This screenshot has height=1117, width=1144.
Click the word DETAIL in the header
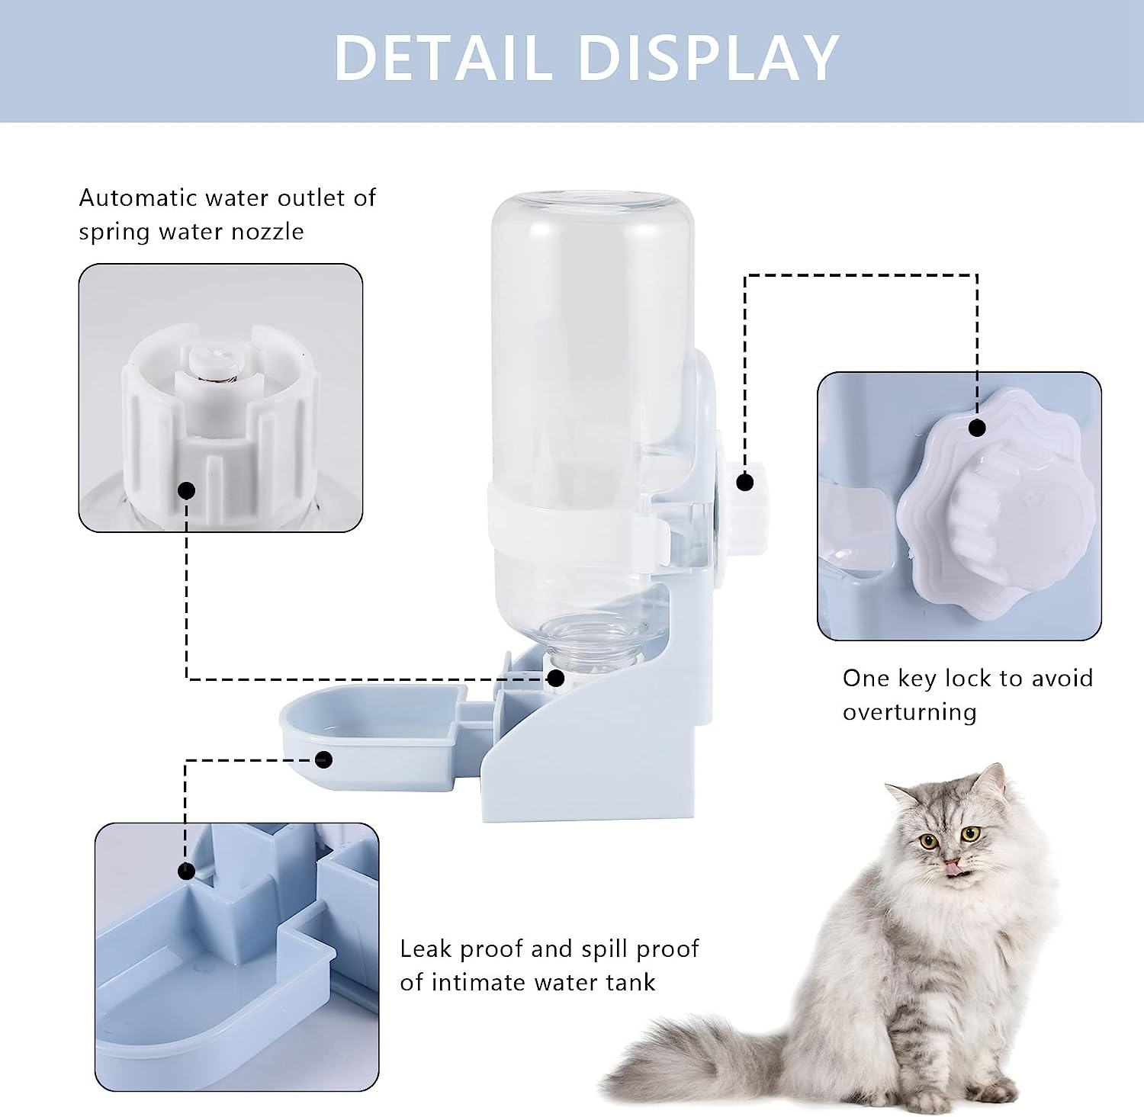[442, 58]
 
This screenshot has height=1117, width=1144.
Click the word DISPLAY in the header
[709, 58]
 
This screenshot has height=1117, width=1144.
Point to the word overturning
[909, 712]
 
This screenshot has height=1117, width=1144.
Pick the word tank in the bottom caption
[630, 982]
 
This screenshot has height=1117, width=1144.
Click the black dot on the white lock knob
[745, 482]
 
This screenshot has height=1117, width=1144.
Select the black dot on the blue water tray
[323, 759]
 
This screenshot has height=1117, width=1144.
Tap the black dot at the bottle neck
[556, 678]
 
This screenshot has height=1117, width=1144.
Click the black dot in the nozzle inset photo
[187, 490]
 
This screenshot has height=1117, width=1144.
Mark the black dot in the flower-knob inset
[977, 428]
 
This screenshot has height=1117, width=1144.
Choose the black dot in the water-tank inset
[186, 871]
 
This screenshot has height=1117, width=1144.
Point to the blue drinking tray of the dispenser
[366, 732]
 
